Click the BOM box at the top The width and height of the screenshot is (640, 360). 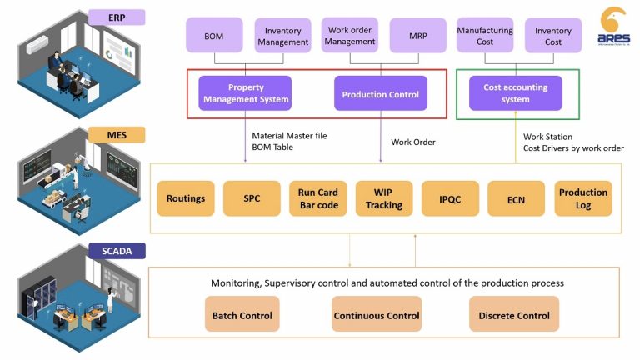214,37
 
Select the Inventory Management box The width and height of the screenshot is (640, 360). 282,37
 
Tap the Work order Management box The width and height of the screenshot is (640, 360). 350,36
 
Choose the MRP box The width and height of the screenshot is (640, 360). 418,37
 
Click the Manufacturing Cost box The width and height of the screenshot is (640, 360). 484,37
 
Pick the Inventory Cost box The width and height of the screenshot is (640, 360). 553,37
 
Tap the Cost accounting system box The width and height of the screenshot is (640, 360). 516,93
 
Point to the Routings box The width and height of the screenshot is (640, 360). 186,199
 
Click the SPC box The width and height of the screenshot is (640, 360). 252,199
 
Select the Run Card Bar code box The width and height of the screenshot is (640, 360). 317,199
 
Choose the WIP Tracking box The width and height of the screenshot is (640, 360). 383,199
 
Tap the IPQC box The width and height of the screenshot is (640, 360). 450,199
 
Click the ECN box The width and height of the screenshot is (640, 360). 516,199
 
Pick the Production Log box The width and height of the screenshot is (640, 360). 582,199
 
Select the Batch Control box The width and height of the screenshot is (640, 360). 242,315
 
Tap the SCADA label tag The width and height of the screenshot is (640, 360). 117,250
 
